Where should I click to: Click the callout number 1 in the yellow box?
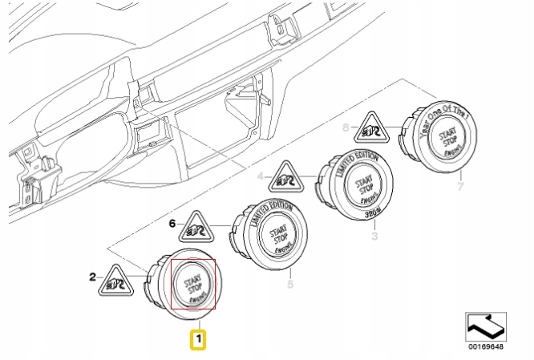pos(197,340)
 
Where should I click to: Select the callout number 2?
pos(92,277)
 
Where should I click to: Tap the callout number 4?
pos(259,175)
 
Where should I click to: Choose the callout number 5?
pos(289,283)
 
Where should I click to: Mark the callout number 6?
pos(172,225)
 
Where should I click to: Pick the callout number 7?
pos(459,187)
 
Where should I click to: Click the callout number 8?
pos(346,127)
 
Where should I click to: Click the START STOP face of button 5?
pos(277,238)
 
